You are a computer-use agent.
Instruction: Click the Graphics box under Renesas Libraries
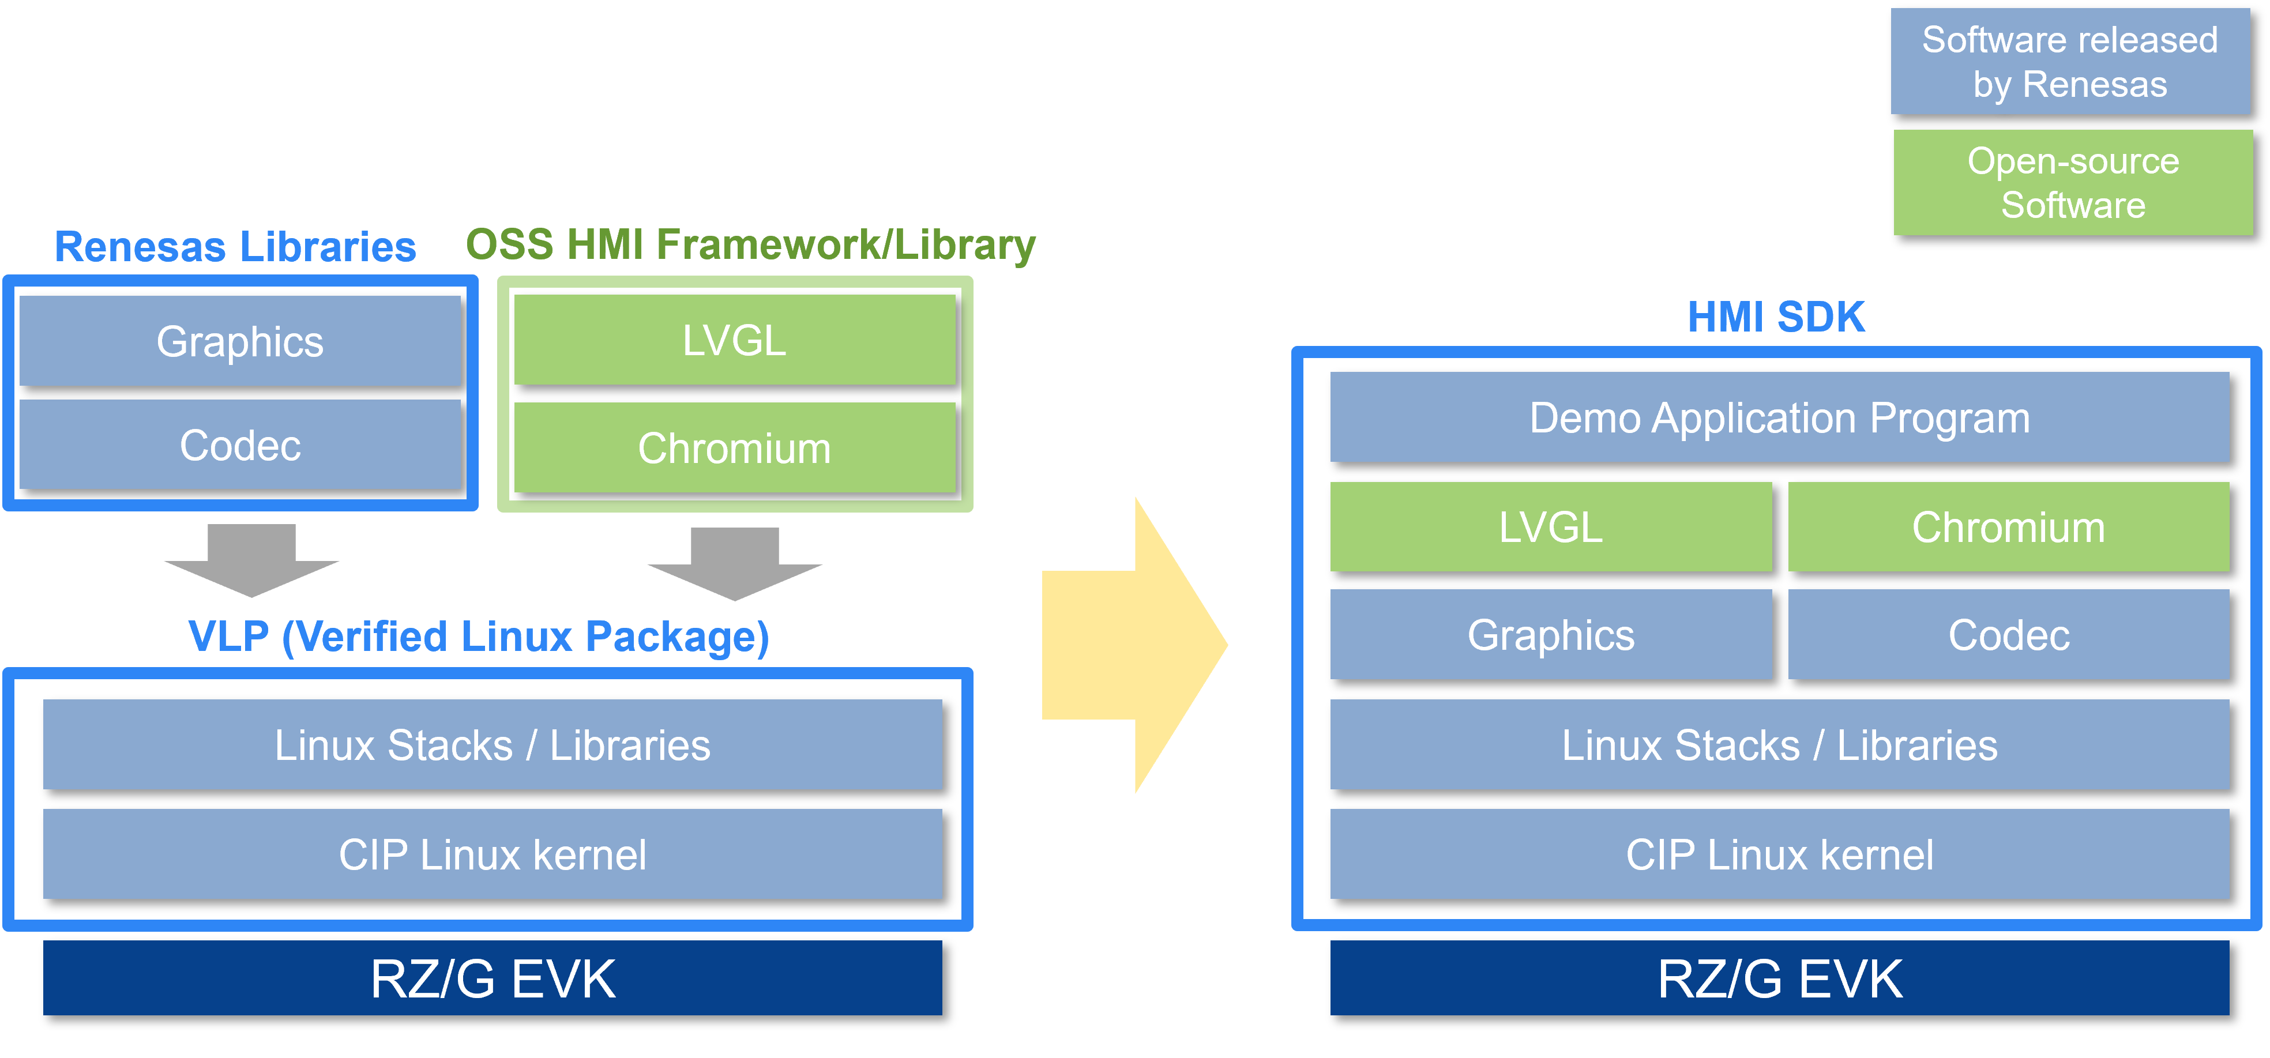click(x=240, y=341)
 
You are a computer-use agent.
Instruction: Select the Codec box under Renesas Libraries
click(x=240, y=445)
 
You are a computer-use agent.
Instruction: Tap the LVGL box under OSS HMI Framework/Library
click(x=734, y=340)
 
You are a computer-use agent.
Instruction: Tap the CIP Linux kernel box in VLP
click(x=492, y=854)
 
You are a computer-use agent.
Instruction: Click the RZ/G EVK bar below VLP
click(x=492, y=978)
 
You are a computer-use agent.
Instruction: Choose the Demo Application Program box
click(x=1779, y=417)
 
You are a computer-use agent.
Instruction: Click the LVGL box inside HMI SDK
click(x=1550, y=527)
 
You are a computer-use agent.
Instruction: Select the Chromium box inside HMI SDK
click(x=2008, y=527)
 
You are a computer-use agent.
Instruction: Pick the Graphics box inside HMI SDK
click(x=1550, y=634)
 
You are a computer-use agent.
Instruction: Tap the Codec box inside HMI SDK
click(x=2008, y=634)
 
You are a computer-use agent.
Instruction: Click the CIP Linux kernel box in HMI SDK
click(x=1779, y=854)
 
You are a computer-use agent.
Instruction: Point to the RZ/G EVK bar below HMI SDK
click(x=1779, y=978)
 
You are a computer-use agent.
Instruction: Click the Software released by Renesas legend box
click(x=2070, y=62)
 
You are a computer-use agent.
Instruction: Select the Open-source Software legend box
click(x=2073, y=182)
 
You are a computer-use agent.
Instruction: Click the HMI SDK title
click(x=1776, y=317)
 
